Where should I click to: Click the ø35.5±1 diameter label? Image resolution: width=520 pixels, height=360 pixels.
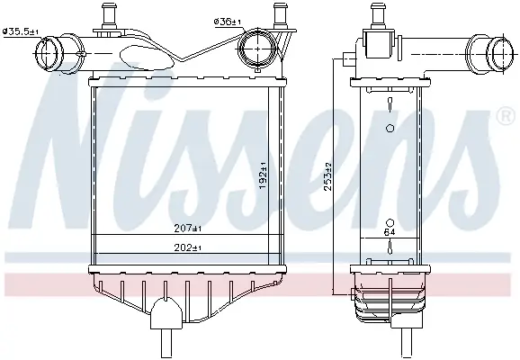point(21,31)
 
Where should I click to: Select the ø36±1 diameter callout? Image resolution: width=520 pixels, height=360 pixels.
point(228,22)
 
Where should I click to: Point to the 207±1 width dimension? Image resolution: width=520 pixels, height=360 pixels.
point(188,229)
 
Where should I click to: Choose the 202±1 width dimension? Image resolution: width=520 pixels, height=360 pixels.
point(188,247)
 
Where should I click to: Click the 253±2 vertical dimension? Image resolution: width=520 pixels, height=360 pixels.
point(328,176)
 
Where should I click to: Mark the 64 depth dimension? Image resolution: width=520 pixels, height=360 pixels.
point(390,232)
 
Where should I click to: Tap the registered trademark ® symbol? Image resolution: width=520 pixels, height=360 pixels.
point(507,116)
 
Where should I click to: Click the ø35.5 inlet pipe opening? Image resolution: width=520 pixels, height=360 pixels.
point(47,54)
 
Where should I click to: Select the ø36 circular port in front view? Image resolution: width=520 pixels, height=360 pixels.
point(258,49)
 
